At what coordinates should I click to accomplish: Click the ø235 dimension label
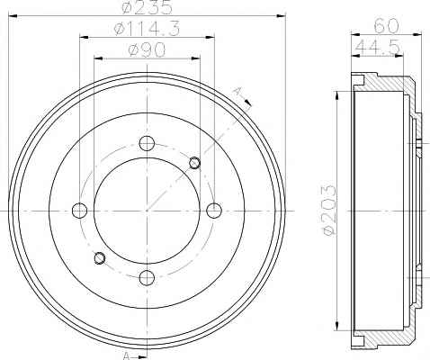[148, 7]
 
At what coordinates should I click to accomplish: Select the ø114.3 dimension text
[147, 29]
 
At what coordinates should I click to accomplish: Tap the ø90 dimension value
[147, 49]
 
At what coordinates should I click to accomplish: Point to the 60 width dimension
[386, 26]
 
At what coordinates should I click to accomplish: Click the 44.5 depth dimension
[378, 47]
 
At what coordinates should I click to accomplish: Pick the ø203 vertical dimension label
[329, 210]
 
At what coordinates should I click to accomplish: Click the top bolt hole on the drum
[147, 143]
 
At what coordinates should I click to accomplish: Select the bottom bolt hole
[147, 277]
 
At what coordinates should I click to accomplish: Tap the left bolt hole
[80, 211]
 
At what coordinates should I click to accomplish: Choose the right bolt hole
[214, 211]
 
